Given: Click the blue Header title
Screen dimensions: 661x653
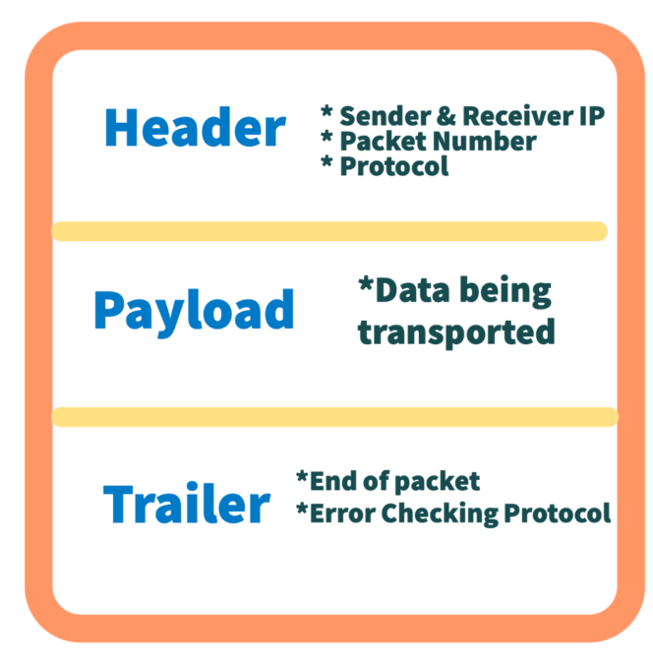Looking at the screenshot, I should [195, 129].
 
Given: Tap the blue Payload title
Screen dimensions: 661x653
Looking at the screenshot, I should [194, 310].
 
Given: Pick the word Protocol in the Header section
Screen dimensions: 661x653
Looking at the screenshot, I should [393, 166].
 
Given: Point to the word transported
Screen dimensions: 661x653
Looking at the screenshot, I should [456, 331].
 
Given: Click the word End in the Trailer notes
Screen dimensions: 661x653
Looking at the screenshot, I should [329, 481].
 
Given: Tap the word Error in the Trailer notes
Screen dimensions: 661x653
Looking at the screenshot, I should [340, 512].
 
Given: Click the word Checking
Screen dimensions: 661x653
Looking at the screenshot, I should [439, 513].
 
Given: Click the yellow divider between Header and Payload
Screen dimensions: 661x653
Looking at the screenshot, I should [328, 231].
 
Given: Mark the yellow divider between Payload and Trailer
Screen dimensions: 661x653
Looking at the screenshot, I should [334, 417].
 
